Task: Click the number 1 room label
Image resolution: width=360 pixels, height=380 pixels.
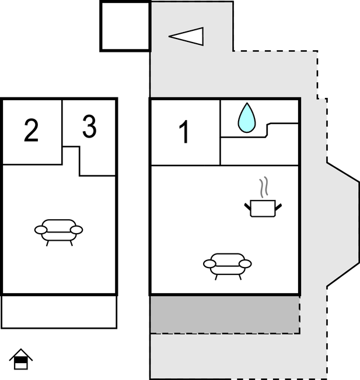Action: [184, 132]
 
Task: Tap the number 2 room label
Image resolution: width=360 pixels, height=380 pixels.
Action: [32, 131]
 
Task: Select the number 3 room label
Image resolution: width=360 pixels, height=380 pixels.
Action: [89, 127]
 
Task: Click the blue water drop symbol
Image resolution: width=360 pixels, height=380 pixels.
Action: [247, 118]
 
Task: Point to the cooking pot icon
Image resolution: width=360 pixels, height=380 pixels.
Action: [262, 207]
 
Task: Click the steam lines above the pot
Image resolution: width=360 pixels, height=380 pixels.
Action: [264, 187]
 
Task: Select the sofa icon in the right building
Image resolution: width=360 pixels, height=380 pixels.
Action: [228, 265]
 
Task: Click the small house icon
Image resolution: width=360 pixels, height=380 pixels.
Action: [21, 359]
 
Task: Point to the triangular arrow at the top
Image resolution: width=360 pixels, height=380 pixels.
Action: [188, 36]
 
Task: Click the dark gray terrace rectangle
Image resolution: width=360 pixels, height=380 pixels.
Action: [225, 314]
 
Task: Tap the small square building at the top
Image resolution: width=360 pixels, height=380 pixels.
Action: [125, 26]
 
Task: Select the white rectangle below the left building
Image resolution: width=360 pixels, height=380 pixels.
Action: [59, 312]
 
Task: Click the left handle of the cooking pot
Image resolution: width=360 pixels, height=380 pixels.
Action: [247, 205]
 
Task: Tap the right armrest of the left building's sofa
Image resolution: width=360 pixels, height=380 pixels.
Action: [76, 230]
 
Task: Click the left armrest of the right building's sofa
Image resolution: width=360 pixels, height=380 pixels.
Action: [210, 264]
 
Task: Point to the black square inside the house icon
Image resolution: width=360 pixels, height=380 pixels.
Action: [21, 364]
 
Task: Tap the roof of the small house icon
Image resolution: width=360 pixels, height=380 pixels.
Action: [21, 353]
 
